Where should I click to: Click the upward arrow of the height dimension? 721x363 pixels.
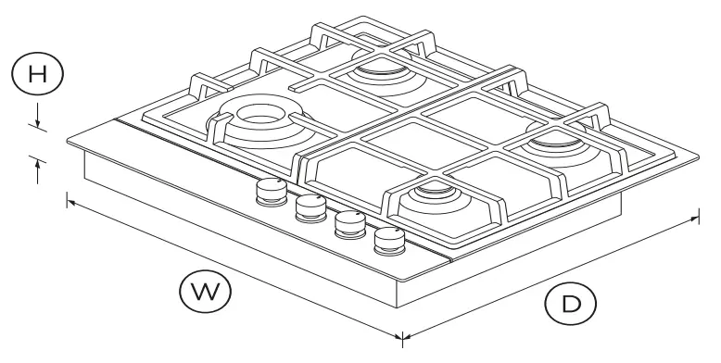tap(37, 168)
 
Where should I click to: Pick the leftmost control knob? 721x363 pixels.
tap(270, 191)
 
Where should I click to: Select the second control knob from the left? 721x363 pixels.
tap(310, 207)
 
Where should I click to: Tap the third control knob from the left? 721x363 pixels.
tap(348, 225)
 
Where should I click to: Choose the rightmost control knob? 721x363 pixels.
tap(389, 242)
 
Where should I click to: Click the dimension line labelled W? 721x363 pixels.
tap(232, 268)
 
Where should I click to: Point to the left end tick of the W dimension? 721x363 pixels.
tap(67, 197)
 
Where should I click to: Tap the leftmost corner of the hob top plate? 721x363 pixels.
tap(67, 142)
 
